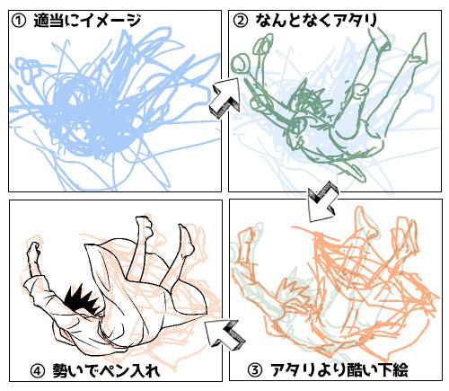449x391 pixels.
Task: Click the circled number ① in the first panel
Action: click(x=19, y=22)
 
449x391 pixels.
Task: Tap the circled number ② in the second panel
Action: click(x=241, y=22)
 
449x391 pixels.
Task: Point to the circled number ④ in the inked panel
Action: click(x=38, y=371)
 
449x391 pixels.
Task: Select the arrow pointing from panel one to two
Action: click(x=225, y=97)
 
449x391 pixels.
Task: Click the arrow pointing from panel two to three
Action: click(x=322, y=202)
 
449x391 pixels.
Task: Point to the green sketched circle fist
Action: click(x=240, y=64)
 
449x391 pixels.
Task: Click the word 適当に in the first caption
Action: click(x=56, y=22)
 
